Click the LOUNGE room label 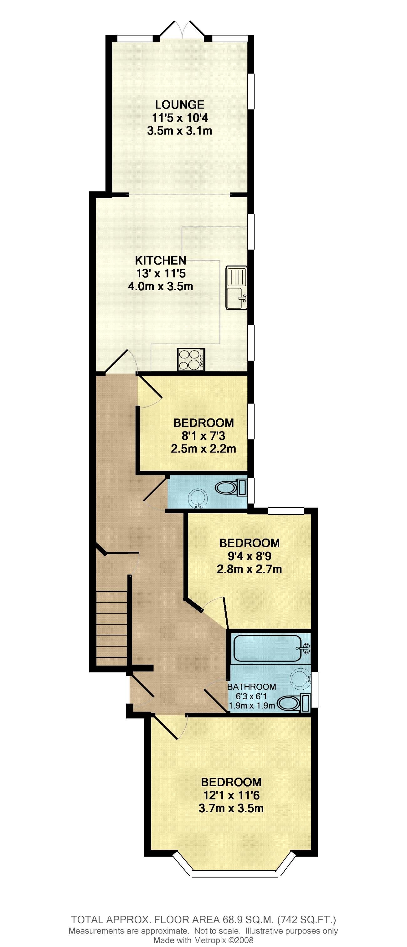(x=180, y=105)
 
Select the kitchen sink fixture (x=236, y=289)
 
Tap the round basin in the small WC (x=198, y=499)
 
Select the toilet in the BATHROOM (x=293, y=704)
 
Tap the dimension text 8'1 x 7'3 (x=203, y=436)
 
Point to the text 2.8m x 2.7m (x=249, y=570)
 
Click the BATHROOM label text (x=252, y=687)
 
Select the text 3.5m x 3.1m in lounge (x=180, y=131)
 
